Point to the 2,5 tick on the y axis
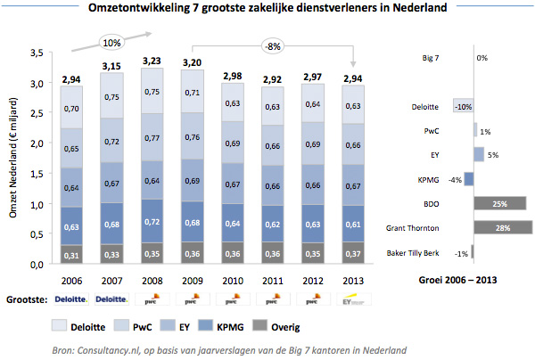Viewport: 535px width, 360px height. click(x=37, y=113)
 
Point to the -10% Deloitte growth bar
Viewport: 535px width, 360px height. click(x=463, y=106)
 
